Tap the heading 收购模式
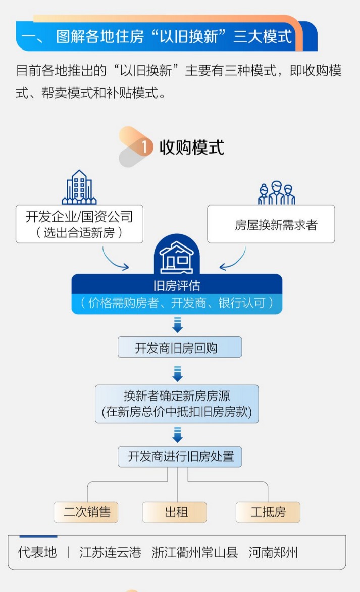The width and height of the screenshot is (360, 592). [192, 147]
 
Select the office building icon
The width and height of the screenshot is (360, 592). [79, 187]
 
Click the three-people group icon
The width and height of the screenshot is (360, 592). [277, 192]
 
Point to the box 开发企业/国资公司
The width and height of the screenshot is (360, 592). [79, 223]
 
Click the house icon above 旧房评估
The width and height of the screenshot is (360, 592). [177, 257]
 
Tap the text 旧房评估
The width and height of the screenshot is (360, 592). [177, 286]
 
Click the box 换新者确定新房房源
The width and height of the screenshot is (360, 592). [177, 404]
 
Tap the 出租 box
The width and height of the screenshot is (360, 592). [175, 512]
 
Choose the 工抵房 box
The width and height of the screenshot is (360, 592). [268, 512]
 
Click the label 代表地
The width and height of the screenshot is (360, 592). [37, 552]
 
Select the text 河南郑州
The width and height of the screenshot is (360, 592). [273, 552]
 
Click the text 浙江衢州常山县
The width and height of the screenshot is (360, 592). [195, 552]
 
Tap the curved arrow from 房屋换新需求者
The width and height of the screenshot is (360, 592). [234, 259]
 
